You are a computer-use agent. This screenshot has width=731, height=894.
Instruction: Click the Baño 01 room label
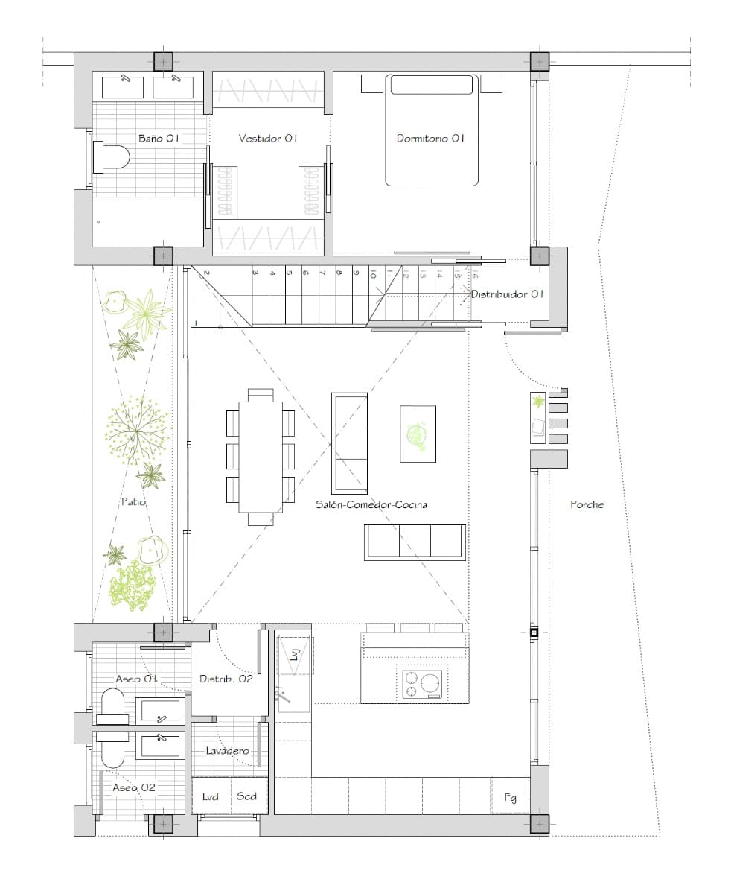click(159, 138)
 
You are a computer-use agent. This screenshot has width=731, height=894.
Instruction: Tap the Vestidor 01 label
click(268, 138)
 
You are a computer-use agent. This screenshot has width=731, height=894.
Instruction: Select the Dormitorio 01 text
click(430, 138)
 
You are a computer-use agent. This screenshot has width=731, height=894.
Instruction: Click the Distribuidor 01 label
click(507, 294)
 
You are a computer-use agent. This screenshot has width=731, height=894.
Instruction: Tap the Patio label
click(133, 502)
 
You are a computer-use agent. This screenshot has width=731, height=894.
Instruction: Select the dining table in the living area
click(261, 457)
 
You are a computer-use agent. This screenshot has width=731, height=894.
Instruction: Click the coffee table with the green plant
click(418, 434)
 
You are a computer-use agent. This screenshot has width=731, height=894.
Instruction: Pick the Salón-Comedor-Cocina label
click(371, 504)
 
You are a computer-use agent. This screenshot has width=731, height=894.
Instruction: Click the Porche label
click(587, 504)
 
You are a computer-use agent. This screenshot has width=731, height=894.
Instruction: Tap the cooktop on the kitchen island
click(421, 684)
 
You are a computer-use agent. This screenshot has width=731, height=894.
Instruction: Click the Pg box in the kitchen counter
click(510, 796)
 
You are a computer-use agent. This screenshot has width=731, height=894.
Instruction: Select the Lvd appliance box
click(211, 796)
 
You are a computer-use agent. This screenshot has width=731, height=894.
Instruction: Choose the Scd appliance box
click(246, 796)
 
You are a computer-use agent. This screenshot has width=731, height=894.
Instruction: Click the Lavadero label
click(227, 751)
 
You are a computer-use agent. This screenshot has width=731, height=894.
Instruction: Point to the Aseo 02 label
click(134, 787)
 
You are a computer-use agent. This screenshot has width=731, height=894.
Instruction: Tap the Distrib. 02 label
click(226, 679)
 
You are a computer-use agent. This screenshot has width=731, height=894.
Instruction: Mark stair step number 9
click(356, 273)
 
